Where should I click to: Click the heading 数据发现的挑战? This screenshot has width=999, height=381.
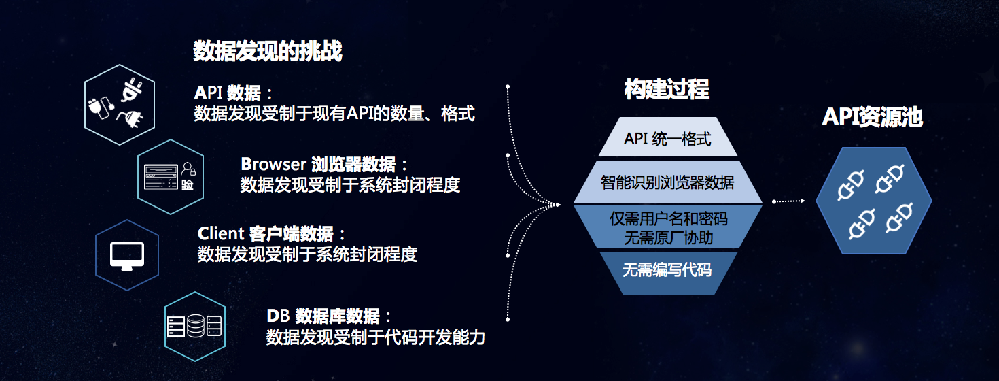(x=268, y=51)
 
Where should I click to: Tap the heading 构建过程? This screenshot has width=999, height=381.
(x=667, y=89)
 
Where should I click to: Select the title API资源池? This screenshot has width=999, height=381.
(x=873, y=117)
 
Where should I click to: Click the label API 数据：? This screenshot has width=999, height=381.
(x=233, y=93)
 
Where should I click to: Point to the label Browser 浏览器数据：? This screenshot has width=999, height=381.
(x=323, y=165)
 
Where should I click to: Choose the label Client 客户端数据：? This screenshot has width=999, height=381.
(x=271, y=233)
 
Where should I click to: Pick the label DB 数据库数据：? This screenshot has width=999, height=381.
(x=329, y=316)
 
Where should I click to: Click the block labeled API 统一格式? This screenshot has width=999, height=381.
(x=667, y=137)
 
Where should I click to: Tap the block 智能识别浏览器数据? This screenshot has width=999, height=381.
(x=667, y=182)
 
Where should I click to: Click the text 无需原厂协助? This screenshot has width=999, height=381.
(x=668, y=237)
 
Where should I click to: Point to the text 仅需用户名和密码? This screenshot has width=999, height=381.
(x=668, y=218)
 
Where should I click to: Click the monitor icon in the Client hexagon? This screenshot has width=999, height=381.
(x=127, y=256)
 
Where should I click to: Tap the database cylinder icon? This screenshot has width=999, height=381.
(x=195, y=326)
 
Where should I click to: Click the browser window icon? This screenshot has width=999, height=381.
(x=161, y=177)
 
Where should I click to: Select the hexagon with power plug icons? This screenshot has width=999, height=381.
(x=120, y=105)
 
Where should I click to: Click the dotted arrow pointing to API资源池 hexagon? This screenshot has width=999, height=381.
(x=788, y=201)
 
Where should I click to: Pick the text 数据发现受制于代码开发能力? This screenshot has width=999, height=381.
(x=376, y=337)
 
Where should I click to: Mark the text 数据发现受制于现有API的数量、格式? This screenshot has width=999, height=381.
(x=334, y=114)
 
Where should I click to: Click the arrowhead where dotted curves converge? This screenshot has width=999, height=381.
(x=557, y=205)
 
